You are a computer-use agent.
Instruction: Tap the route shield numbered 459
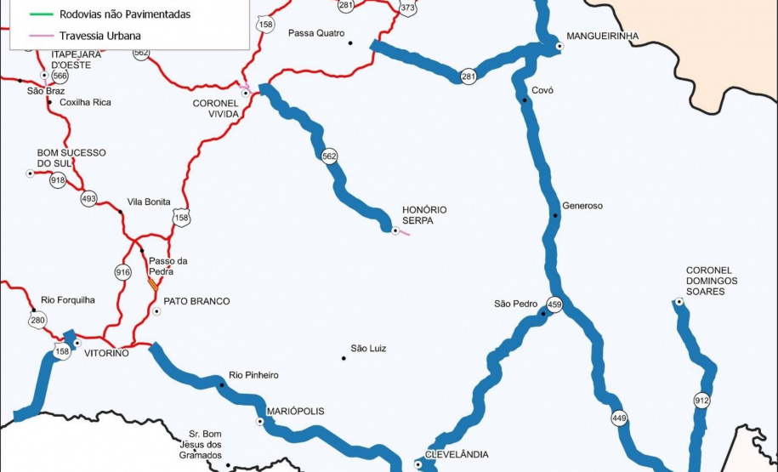pyautogui.click(x=554, y=304)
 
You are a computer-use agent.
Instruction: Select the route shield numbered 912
pyautogui.click(x=701, y=401)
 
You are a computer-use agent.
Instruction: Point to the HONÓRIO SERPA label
pyautogui.click(x=425, y=215)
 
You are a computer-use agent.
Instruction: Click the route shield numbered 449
pyautogui.click(x=618, y=418)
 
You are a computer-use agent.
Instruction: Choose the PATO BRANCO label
pyautogui.click(x=196, y=301)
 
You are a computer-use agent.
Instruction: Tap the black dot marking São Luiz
pyautogui.click(x=344, y=358)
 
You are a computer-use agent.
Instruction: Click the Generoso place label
pyautogui.click(x=582, y=206)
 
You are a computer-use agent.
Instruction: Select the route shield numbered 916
pyautogui.click(x=122, y=272)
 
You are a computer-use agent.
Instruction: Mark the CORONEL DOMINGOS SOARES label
pyautogui.click(x=712, y=281)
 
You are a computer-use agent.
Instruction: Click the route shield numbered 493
pyautogui.click(x=89, y=199)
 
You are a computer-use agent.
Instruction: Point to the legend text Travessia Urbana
pyautogui.click(x=100, y=37)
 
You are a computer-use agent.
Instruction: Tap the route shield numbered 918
pyautogui.click(x=58, y=180)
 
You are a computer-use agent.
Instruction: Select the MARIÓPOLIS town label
pyautogui.click(x=296, y=411)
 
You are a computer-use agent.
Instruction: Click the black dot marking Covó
pyautogui.click(x=525, y=101)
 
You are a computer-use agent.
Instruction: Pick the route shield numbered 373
pyautogui.click(x=407, y=8)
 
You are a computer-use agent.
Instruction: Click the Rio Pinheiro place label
pyautogui.click(x=253, y=375)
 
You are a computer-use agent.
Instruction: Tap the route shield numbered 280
pyautogui.click(x=37, y=321)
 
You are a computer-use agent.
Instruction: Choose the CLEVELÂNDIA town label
pyautogui.click(x=457, y=455)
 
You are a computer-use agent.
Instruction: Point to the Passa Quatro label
pyautogui.click(x=316, y=33)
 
